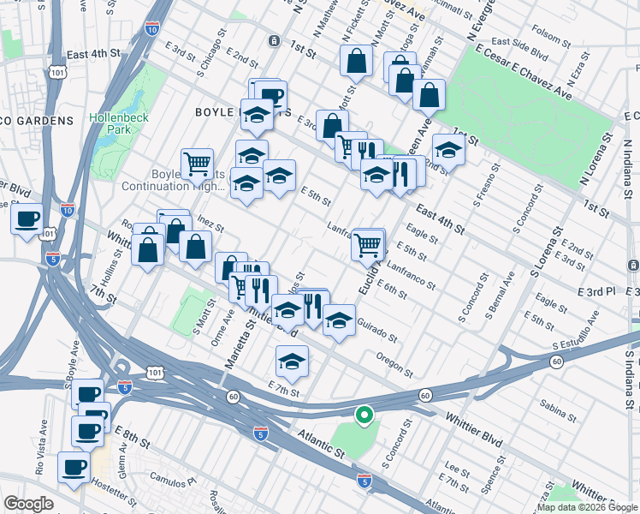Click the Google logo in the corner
pos(28,504)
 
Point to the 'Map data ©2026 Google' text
pos(586,507)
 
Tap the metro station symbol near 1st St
pos(274,40)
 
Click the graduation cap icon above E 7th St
pos(293,362)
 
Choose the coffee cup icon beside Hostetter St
pos(74,468)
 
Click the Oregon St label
pos(394,365)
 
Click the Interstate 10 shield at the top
pos(151,29)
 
